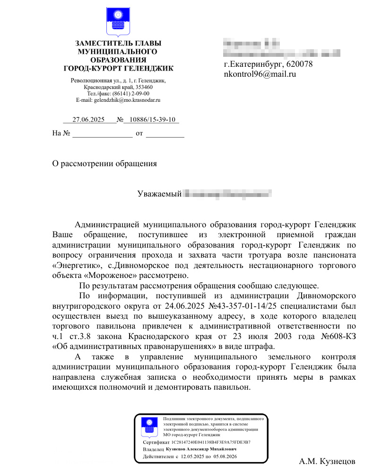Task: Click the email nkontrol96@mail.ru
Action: click(260, 74)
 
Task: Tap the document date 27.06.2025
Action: click(88, 120)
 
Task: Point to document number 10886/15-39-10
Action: click(150, 120)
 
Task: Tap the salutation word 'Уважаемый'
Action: click(159, 194)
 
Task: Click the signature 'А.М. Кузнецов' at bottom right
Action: click(327, 461)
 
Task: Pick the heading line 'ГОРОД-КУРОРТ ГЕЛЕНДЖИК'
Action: click(118, 69)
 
